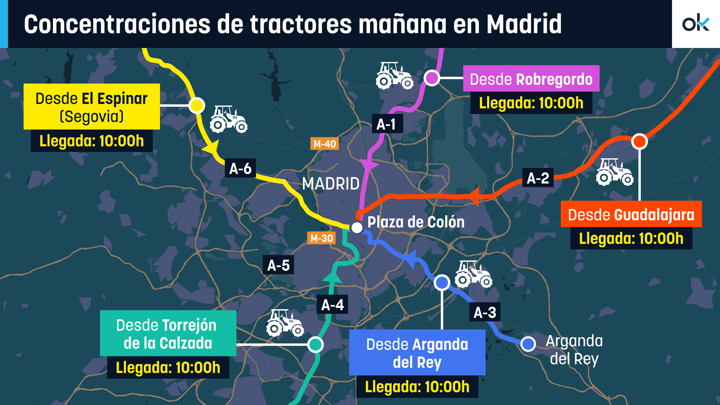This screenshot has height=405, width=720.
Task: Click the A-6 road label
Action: click(240, 169)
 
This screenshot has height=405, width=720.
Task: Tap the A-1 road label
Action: click(387, 124)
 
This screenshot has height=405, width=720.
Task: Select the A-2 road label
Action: click(538, 178)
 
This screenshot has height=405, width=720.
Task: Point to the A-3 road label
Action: click(485, 312)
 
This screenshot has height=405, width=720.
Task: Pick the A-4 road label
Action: click(332, 304)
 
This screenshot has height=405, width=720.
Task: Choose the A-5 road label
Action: click(278, 265)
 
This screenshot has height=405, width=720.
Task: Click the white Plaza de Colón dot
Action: click(357, 227)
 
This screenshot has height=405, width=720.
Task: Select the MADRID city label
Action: click(331, 184)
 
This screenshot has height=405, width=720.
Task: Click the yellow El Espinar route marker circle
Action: click(197, 106)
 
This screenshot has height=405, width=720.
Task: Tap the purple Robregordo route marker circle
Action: click(432, 78)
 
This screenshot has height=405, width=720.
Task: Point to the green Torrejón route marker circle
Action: click(316, 344)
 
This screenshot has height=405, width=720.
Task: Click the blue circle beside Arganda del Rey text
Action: click(528, 344)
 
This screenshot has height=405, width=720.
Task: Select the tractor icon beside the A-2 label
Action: click(615, 172)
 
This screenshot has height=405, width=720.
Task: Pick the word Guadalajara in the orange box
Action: click(654, 215)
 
